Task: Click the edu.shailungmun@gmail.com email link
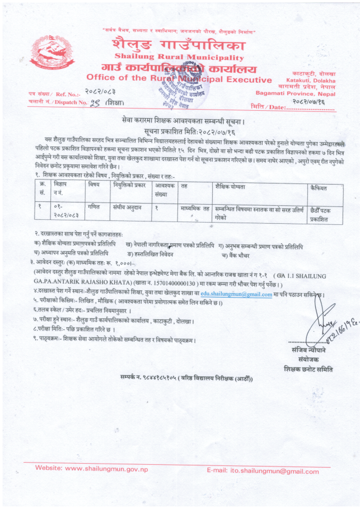236,294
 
